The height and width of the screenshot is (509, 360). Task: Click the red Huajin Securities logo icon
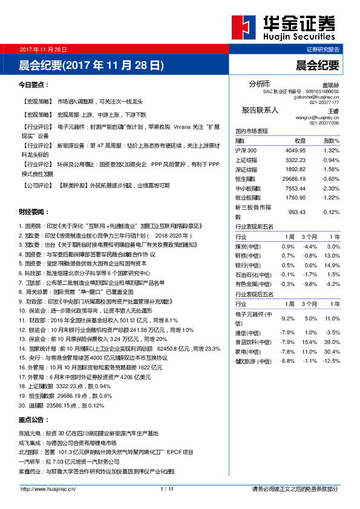pyautogui.click(x=243, y=26)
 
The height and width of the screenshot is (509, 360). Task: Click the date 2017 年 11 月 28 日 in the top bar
pyautogui.click(x=43, y=48)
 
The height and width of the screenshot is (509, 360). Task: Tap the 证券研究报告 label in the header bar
pyautogui.click(x=323, y=49)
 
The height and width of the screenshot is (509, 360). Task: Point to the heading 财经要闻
pyautogui.click(x=34, y=212)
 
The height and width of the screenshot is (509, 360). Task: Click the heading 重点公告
pyautogui.click(x=34, y=419)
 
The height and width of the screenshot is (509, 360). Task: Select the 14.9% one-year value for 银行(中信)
pyautogui.click(x=333, y=265)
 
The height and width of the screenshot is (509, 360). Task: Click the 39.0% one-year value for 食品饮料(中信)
pyautogui.click(x=333, y=342)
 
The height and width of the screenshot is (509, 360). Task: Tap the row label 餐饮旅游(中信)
pyautogui.click(x=253, y=361)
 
